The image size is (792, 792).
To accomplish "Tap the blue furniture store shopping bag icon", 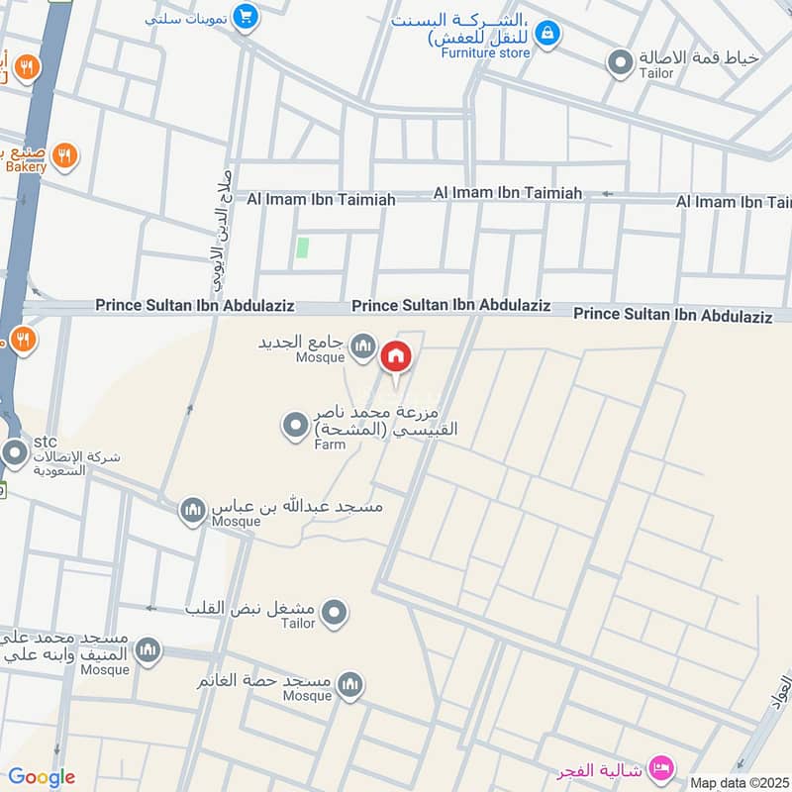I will (x=546, y=35).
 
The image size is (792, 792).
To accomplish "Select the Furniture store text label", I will (x=485, y=52).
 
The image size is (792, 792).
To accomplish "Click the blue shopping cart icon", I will (x=247, y=17).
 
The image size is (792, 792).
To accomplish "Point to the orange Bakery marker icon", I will (x=64, y=155).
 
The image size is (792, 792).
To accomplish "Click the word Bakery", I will (x=24, y=167).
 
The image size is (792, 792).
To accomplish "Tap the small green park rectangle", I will (x=303, y=247).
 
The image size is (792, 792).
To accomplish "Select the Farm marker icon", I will (x=296, y=427).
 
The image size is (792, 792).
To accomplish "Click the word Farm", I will (x=329, y=445).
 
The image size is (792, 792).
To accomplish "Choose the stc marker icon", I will (x=15, y=453).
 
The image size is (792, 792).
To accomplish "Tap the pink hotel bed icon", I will (x=660, y=768).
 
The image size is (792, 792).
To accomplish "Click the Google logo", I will (x=42, y=777).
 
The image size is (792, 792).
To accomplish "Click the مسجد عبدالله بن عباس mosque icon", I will (x=192, y=511).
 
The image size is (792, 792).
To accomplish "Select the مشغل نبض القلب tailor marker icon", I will (x=336, y=613).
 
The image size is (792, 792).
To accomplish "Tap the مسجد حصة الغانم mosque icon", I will (x=349, y=684).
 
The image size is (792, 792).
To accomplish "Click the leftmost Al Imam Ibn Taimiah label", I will (x=314, y=200).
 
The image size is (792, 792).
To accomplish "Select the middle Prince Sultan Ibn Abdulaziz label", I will (x=450, y=306).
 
